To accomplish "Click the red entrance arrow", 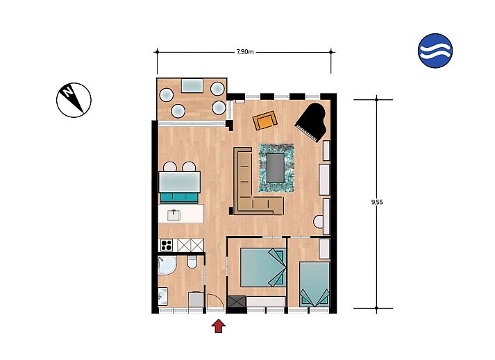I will click(x=218, y=325).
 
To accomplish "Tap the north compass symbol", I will click(x=74, y=99).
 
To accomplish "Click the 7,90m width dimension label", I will click(x=244, y=51).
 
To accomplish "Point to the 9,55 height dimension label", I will click(x=377, y=203).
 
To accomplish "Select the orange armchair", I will click(x=265, y=121).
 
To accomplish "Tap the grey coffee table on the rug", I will click(x=277, y=168).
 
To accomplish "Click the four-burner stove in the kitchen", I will click(x=167, y=245).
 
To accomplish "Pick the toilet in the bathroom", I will click(x=193, y=263).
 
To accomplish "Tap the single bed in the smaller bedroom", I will click(x=314, y=282).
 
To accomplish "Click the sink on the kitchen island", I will click(x=174, y=215).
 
